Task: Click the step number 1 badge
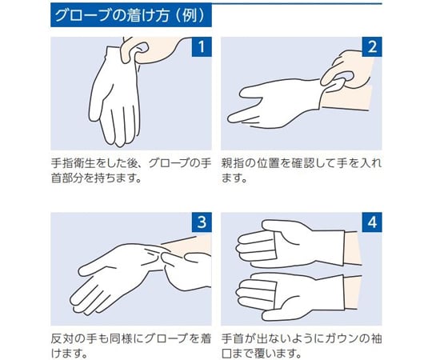(x=202, y=47)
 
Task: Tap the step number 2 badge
(x=372, y=47)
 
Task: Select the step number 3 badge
(x=202, y=222)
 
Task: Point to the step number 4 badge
(x=372, y=222)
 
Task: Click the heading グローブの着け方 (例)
(x=130, y=15)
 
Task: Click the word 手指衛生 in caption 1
(x=73, y=163)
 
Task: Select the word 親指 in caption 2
(x=232, y=163)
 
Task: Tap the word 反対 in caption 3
(x=62, y=338)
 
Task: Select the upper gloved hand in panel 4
(x=290, y=244)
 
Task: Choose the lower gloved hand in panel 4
(x=290, y=297)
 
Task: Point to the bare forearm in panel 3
(x=187, y=246)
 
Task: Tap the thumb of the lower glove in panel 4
(x=284, y=314)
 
